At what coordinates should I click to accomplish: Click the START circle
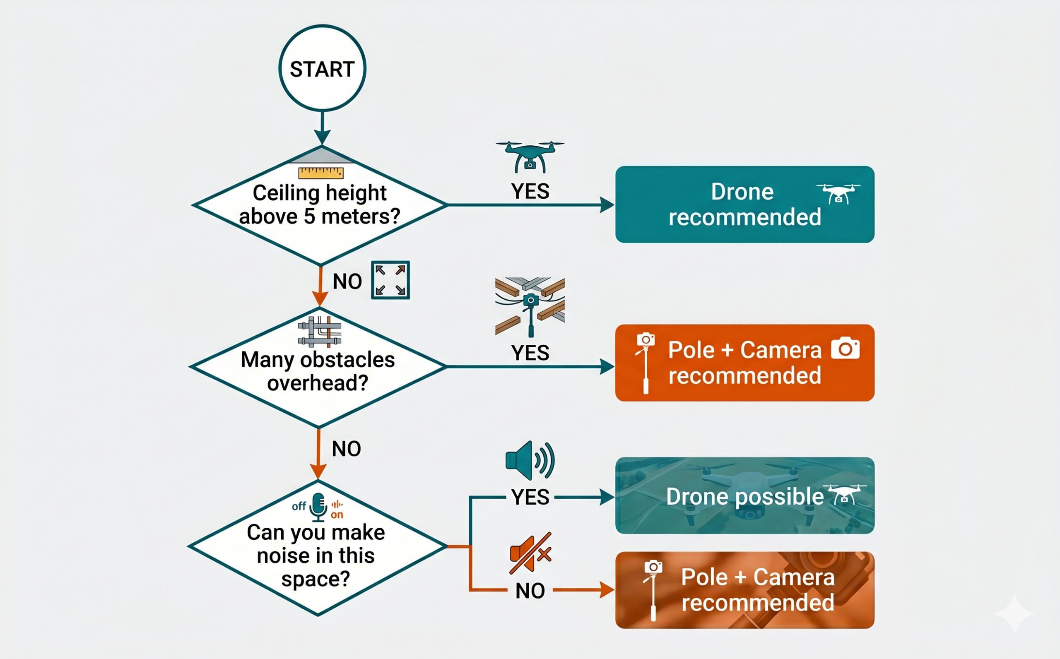pos(322,68)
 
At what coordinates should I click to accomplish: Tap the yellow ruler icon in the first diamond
pos(321,173)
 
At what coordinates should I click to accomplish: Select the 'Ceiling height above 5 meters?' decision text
pos(320,204)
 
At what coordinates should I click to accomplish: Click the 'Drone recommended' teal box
pos(744,204)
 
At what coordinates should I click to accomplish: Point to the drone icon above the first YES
pos(530,156)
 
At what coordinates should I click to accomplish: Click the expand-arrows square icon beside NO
pos(390,280)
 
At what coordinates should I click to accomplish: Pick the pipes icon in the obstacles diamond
pos(320,331)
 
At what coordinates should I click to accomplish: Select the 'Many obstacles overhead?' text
pos(318,371)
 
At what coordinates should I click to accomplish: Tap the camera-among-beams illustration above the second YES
pos(530,307)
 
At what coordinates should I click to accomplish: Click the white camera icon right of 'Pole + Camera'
pos(845,348)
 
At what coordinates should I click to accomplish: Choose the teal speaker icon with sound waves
pos(530,460)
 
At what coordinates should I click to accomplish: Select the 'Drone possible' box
pos(744,495)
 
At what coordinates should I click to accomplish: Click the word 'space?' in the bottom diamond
pos(316,579)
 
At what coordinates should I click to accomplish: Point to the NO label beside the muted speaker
pos(530,591)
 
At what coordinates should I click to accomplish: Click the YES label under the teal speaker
pos(530,497)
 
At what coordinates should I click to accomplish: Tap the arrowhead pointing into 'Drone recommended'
pos(607,204)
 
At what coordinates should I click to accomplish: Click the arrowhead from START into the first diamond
pos(322,137)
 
